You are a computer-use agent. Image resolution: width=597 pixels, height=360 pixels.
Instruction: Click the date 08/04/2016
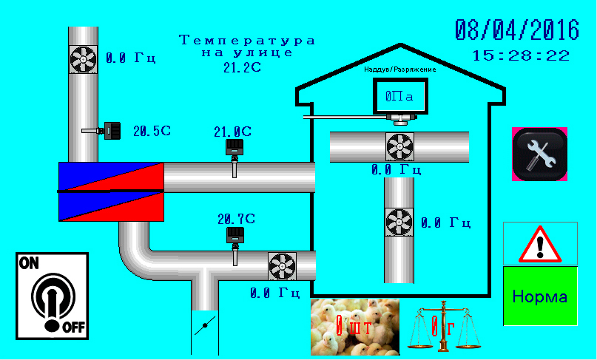coord(516,30)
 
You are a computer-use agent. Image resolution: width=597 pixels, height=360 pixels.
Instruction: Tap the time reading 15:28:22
coord(521,55)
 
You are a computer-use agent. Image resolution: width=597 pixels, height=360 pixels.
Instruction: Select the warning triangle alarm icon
coord(540,243)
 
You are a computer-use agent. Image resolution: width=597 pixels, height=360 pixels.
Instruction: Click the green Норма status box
coord(540,296)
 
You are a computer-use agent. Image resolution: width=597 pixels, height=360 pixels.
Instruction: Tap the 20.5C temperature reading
coord(152,131)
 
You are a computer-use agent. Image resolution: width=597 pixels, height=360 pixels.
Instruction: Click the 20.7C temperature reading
coord(235,219)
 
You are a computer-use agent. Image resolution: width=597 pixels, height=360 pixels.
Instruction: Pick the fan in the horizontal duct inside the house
coord(399,147)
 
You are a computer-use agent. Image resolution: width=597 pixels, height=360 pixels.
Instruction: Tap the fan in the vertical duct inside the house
coord(399,221)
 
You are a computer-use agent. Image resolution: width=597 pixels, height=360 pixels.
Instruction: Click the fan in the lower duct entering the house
coord(282,265)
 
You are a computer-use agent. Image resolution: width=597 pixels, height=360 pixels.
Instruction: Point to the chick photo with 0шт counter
coord(354,326)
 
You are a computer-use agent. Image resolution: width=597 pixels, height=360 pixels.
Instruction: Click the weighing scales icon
coord(442,326)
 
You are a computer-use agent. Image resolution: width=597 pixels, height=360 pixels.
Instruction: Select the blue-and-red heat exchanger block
coord(111,191)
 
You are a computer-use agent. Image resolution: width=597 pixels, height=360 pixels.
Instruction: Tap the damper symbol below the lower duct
coord(205,326)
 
